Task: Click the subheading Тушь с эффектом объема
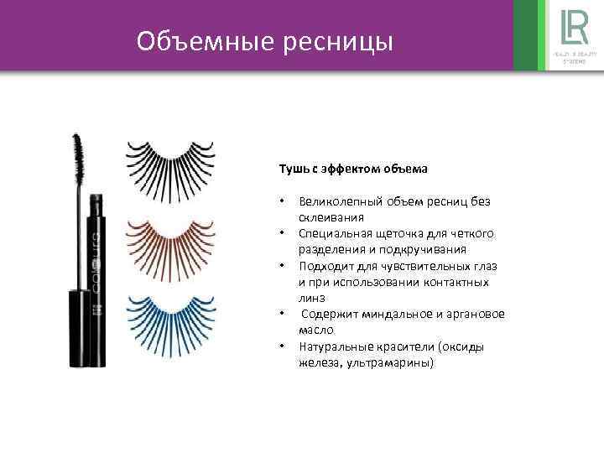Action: [x=353, y=169]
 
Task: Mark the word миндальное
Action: [x=393, y=315]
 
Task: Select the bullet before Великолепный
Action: [x=284, y=201]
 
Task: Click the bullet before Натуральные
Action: [x=284, y=346]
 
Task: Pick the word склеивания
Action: [x=328, y=217]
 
